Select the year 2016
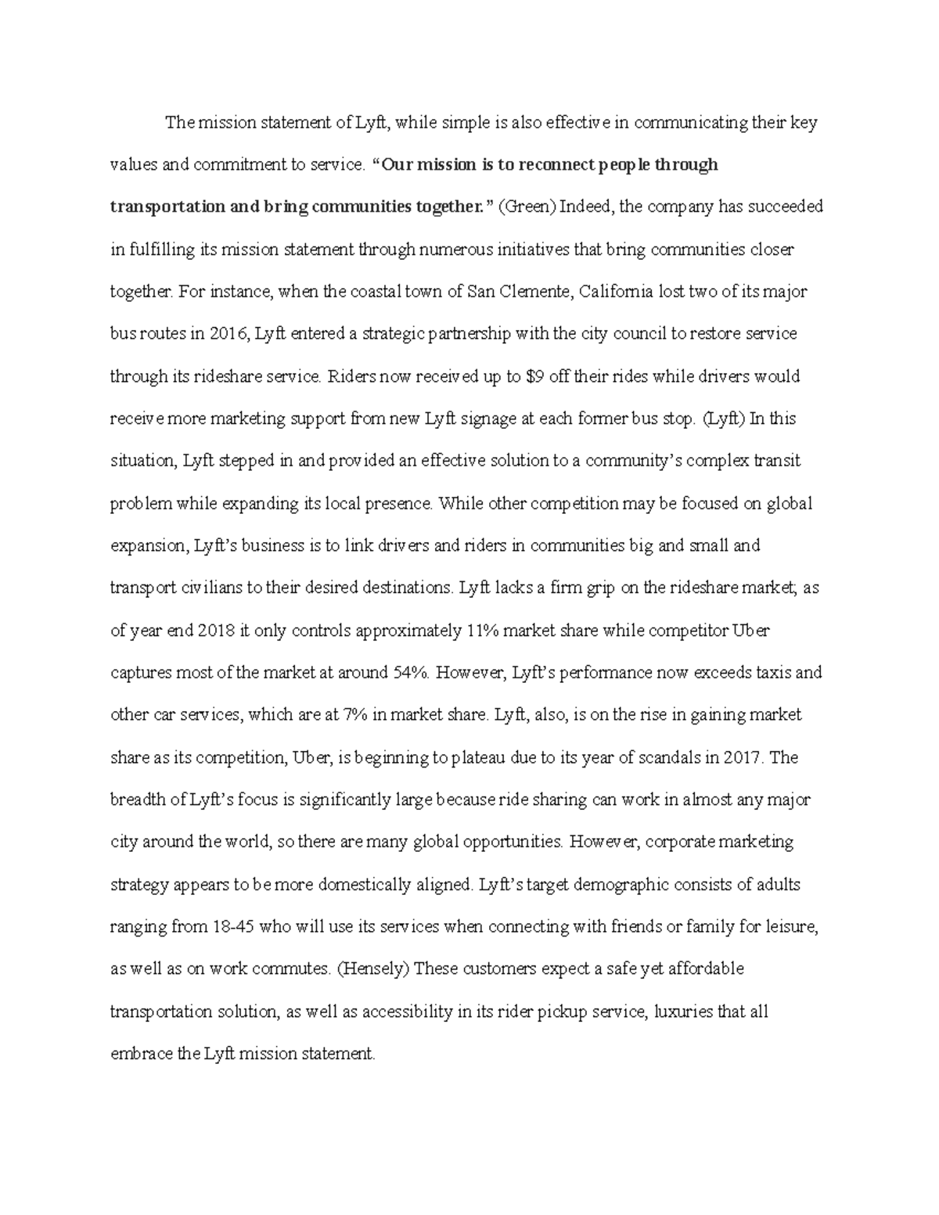(228, 334)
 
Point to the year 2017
(743, 757)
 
